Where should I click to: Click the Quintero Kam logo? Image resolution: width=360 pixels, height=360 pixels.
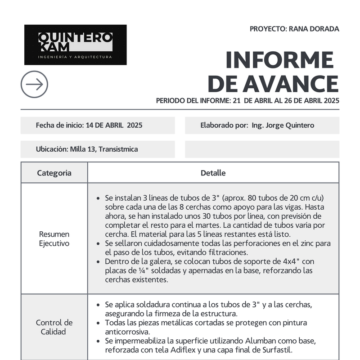(75, 45)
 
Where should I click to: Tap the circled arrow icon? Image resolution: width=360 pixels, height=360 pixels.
(34, 84)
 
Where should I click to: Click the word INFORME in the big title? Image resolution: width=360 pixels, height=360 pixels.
(279, 61)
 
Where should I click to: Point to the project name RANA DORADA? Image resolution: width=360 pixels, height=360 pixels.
(314, 29)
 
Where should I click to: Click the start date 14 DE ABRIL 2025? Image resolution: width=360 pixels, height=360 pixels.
(114, 125)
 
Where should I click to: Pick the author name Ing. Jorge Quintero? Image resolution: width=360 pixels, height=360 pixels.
(283, 125)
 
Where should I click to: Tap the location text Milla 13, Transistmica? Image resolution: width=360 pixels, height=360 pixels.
(104, 149)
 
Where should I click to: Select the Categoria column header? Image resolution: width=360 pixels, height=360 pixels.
(54, 173)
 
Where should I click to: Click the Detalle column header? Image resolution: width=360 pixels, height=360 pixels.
(213, 173)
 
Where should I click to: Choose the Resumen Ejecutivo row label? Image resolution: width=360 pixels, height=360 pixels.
(54, 238)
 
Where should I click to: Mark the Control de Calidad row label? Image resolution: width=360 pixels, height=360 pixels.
(54, 327)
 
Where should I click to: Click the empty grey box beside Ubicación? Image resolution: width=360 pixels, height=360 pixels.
(262, 149)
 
